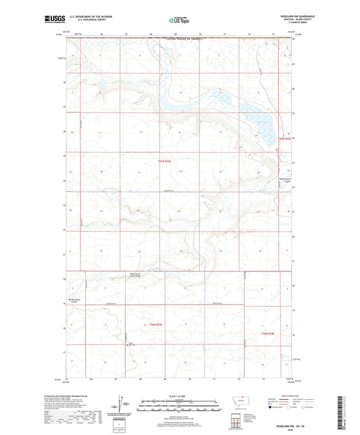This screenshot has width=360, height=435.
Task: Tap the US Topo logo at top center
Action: point(180,20)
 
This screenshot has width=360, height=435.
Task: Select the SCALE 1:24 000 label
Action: point(180,396)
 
